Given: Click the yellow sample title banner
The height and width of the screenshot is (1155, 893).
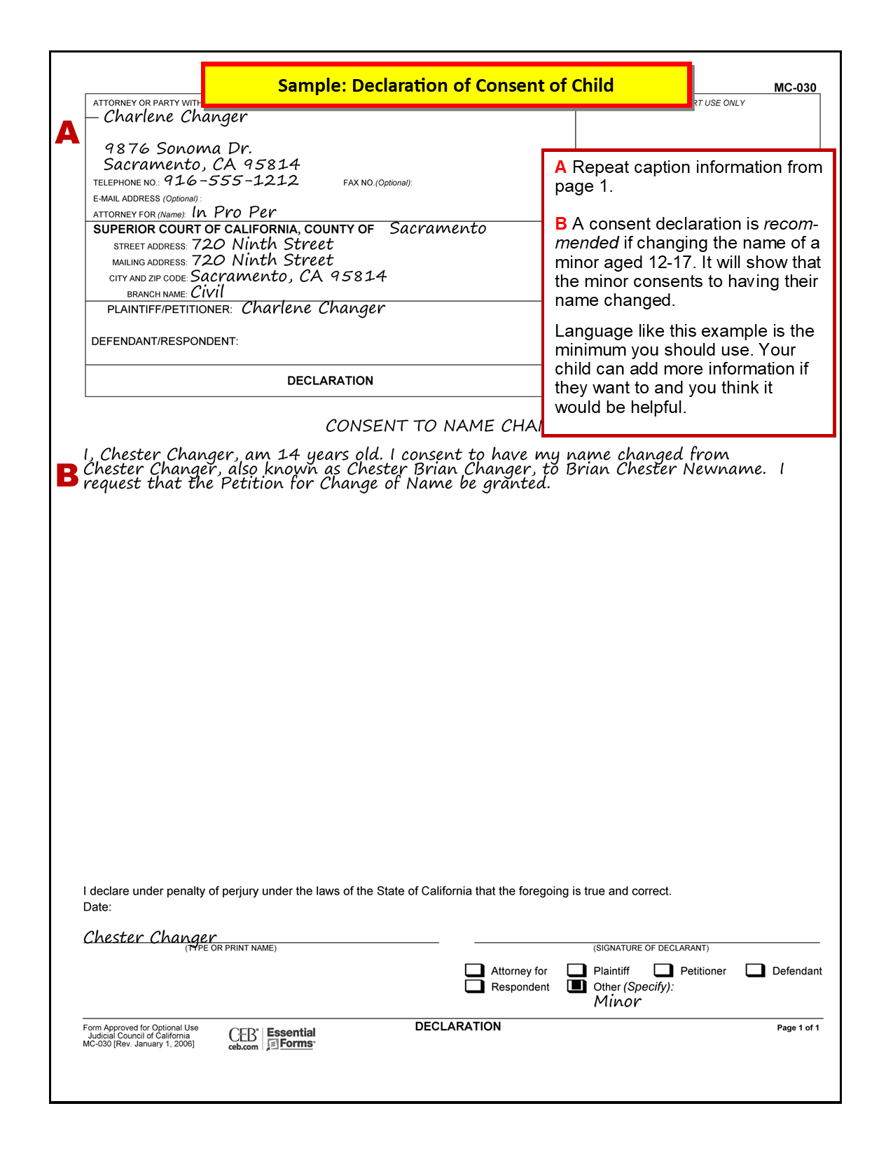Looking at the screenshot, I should [446, 85].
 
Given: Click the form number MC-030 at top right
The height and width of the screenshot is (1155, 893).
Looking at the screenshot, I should [795, 87].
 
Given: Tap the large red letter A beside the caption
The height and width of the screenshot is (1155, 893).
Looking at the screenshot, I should [68, 132].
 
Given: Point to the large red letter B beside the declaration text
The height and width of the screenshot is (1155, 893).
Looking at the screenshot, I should [67, 475].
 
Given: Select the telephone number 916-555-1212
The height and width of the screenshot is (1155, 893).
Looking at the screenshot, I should [231, 181].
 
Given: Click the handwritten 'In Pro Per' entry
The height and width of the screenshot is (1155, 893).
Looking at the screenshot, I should [234, 212].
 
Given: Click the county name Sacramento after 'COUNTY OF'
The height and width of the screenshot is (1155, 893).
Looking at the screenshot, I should [438, 228].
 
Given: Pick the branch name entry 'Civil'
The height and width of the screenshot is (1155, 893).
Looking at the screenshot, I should [207, 292].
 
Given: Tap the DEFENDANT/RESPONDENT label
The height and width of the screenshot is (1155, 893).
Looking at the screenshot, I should [165, 342].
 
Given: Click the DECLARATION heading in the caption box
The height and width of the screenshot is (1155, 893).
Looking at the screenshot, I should [330, 381].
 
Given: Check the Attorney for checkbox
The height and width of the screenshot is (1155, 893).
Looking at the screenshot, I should [474, 970].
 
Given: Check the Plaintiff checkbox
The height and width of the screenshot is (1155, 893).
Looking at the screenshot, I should [576, 970].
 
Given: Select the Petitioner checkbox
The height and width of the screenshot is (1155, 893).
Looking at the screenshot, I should [663, 970].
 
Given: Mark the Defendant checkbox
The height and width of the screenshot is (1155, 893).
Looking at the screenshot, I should [755, 970].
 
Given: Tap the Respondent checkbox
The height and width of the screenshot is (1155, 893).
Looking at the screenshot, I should [474, 986].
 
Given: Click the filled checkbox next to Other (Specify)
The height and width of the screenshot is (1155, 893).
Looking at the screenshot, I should [576, 986].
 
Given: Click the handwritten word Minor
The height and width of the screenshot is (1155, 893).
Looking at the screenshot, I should [618, 1002].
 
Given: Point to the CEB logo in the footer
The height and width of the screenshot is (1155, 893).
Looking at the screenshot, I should [243, 1037].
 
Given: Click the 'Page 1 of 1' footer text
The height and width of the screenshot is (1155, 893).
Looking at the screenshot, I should [798, 1028].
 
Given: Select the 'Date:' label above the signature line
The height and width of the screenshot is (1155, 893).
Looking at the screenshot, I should [97, 907].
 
